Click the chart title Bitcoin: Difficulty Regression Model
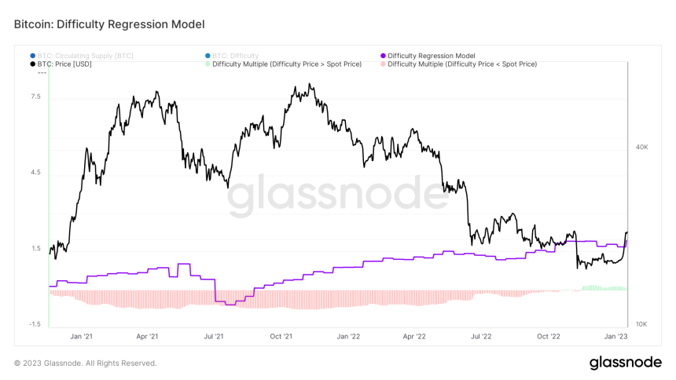click(x=109, y=24)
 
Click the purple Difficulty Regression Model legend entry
click(x=431, y=56)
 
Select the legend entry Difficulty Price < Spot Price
click(x=462, y=64)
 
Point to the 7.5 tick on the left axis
click(x=35, y=97)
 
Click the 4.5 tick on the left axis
click(x=35, y=173)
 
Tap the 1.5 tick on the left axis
click(x=35, y=249)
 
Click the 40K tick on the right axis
click(x=641, y=147)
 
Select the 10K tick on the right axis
click(x=641, y=324)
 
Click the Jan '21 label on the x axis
click(x=81, y=336)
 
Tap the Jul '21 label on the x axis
click(x=214, y=336)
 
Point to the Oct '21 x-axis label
click(x=281, y=336)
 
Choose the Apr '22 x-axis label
click(x=414, y=336)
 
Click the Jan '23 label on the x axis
click(x=615, y=336)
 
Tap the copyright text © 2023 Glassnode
click(x=86, y=363)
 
